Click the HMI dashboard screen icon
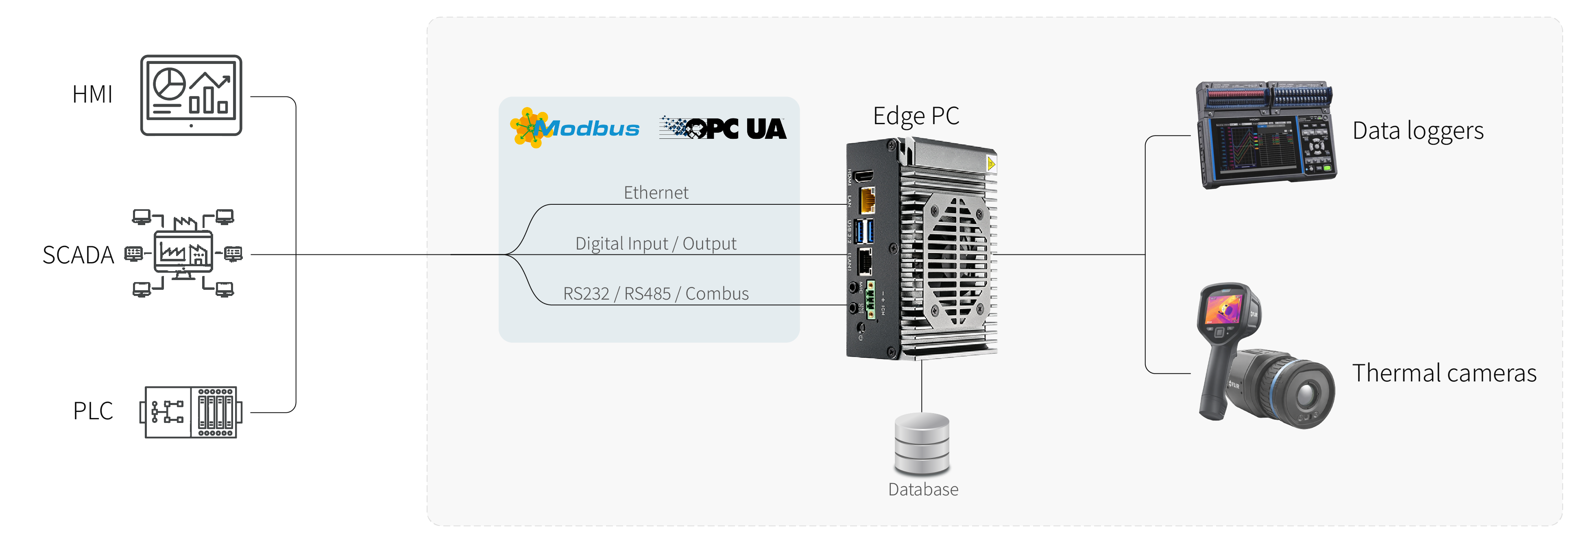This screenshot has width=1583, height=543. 191,95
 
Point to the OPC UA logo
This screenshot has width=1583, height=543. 723,128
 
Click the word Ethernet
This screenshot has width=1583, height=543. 656,193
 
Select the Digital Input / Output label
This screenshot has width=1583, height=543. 656,243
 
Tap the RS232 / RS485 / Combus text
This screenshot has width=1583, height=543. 656,293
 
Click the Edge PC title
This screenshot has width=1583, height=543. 916,116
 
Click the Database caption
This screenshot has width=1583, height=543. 923,490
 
